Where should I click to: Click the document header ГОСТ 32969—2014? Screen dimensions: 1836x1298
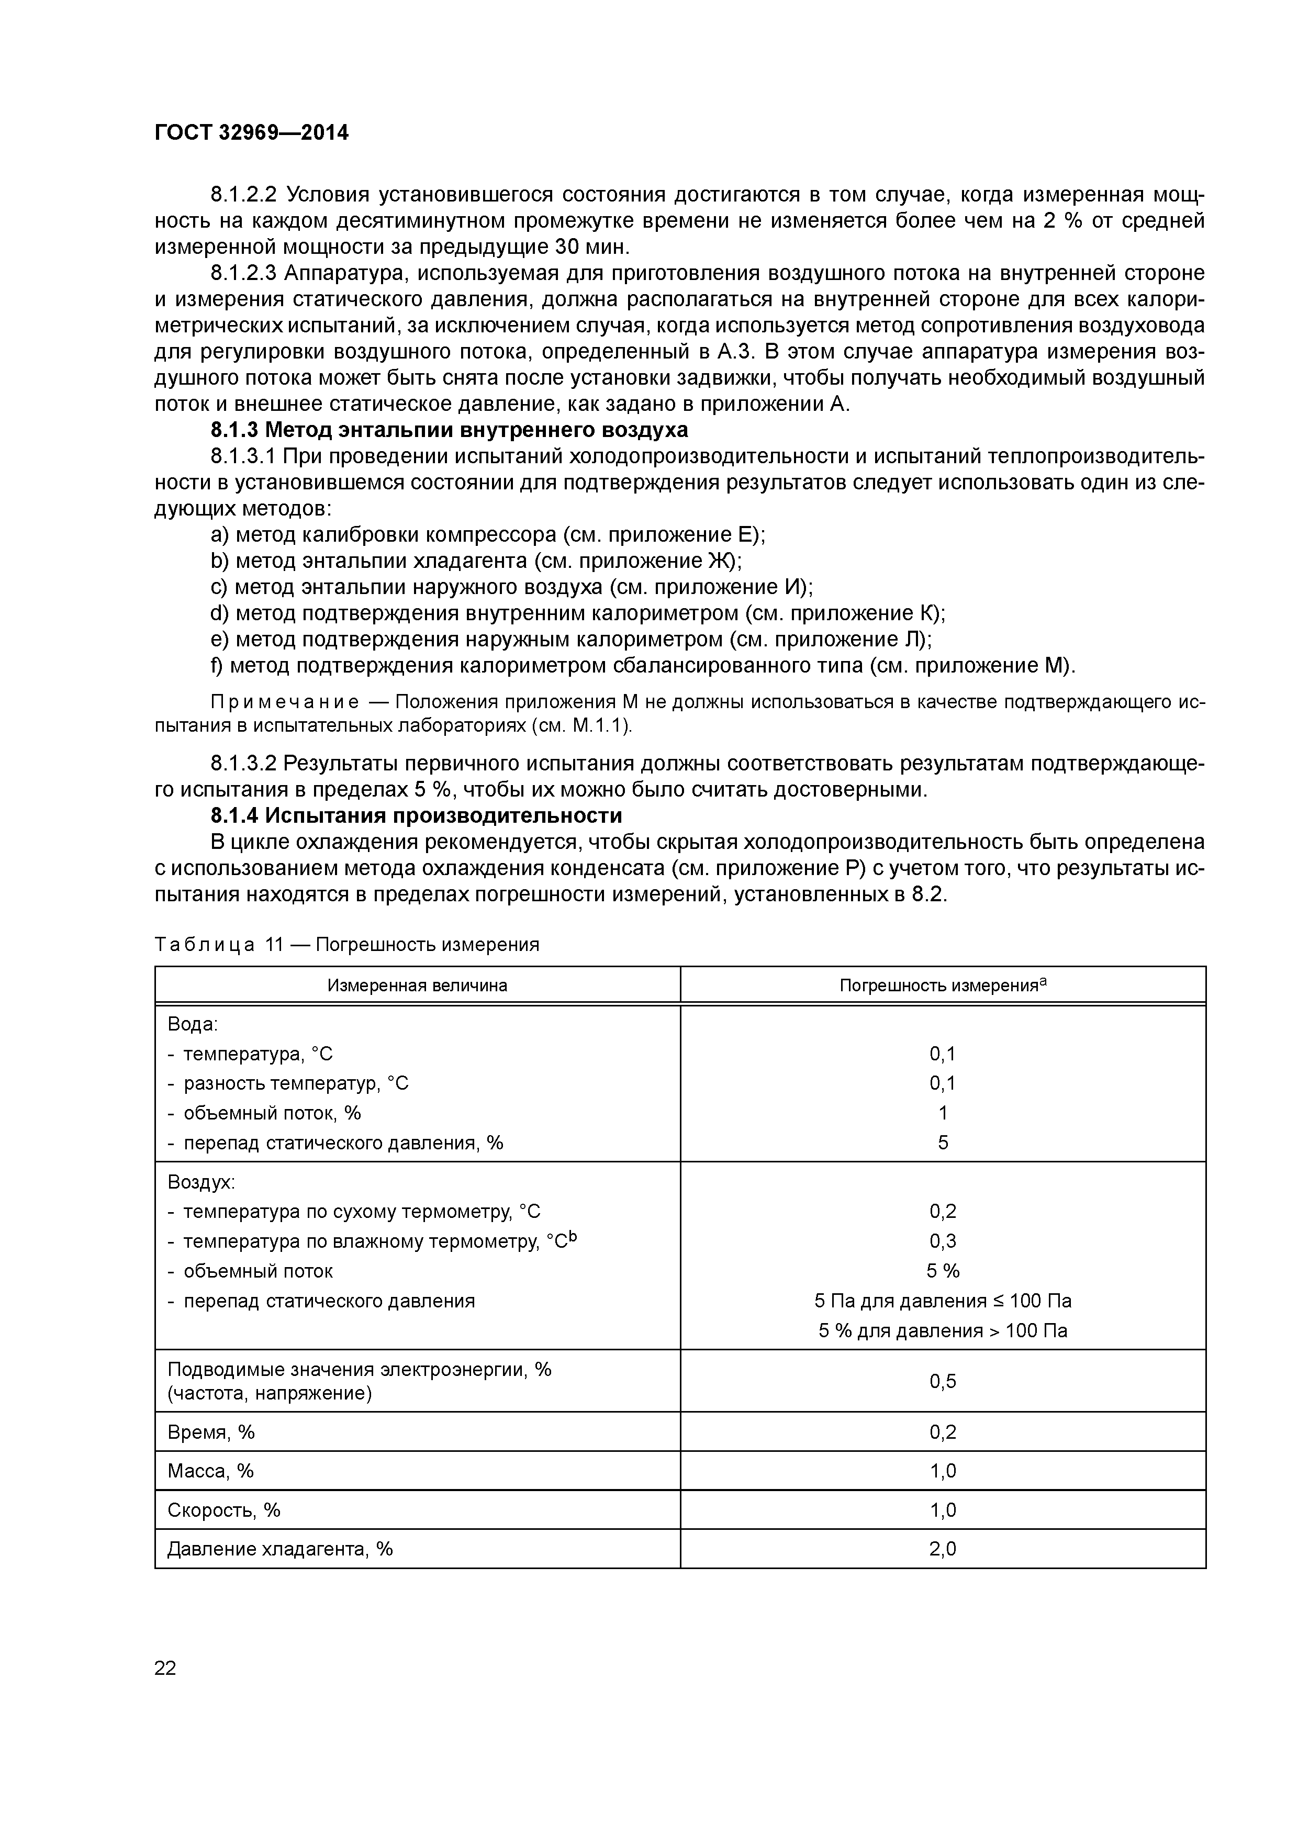click(x=251, y=133)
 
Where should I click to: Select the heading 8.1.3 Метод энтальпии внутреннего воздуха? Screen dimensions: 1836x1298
click(x=449, y=430)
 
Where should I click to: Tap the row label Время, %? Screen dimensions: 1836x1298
click(x=211, y=1432)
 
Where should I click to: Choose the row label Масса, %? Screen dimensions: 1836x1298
click(x=210, y=1471)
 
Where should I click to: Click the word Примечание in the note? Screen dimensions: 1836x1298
click(x=285, y=702)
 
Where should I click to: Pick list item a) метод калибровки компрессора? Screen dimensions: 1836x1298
click(x=488, y=534)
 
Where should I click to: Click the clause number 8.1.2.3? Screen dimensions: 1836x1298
click(x=243, y=274)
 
